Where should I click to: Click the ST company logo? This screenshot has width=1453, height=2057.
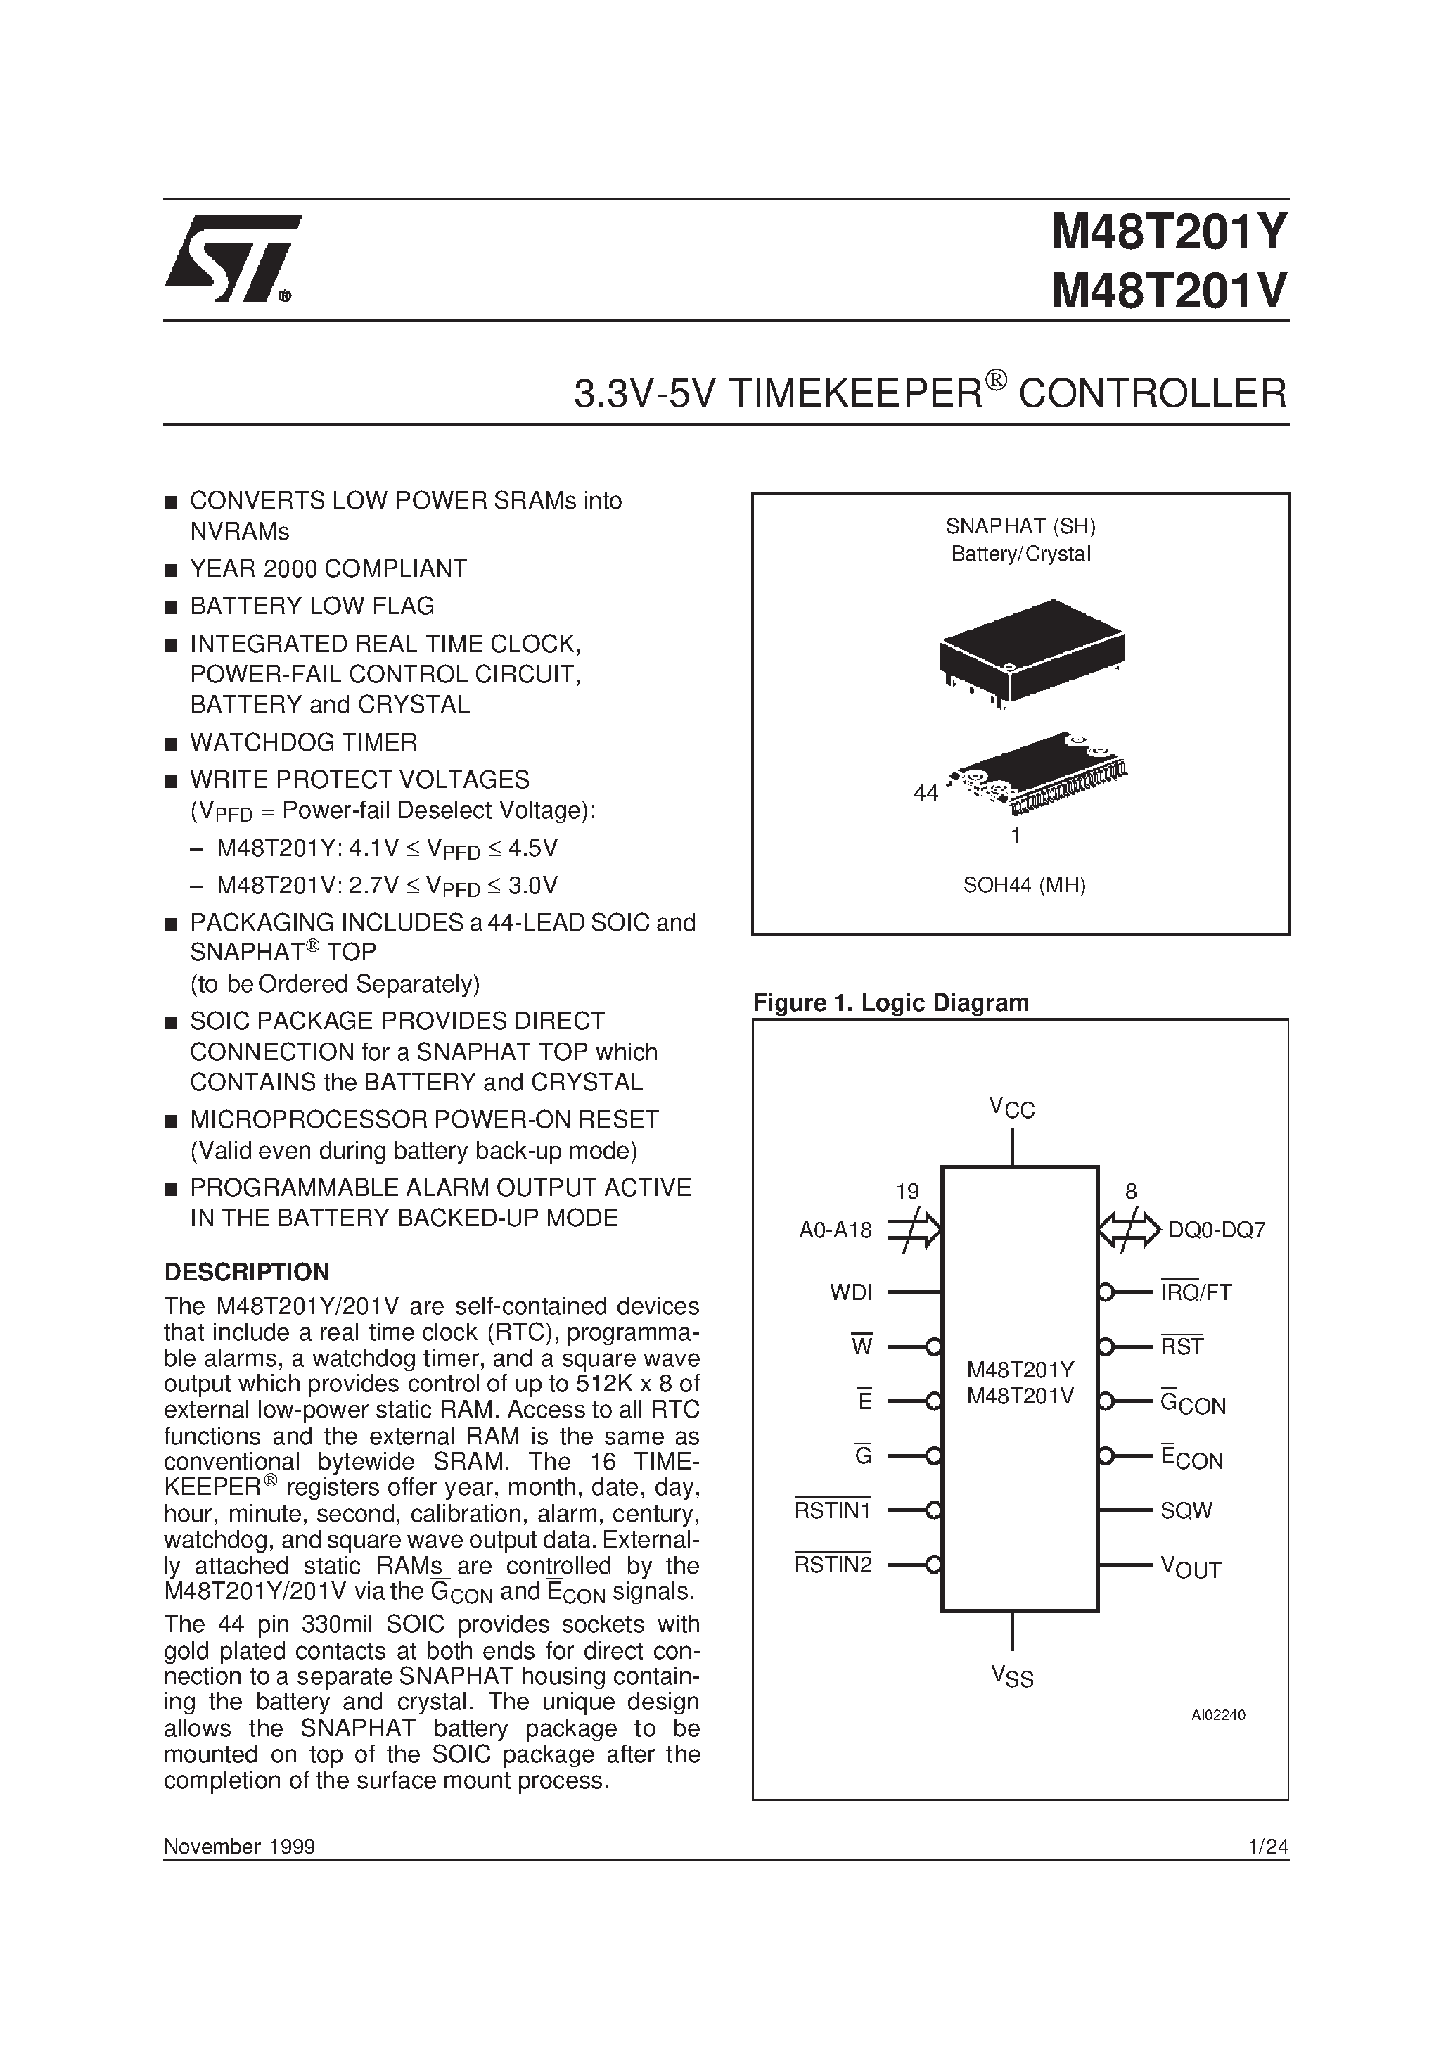pyautogui.click(x=231, y=260)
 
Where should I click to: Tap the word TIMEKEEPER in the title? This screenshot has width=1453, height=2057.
pyautogui.click(x=854, y=394)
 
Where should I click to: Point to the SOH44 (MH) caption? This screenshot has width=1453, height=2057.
pyautogui.click(x=1024, y=885)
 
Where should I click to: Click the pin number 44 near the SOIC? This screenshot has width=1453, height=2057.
pyautogui.click(x=926, y=793)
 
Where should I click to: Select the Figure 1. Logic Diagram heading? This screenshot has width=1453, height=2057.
pyautogui.click(x=890, y=1002)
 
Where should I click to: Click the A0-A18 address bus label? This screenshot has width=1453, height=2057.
pyautogui.click(x=835, y=1230)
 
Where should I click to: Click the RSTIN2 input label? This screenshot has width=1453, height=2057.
pyautogui.click(x=833, y=1565)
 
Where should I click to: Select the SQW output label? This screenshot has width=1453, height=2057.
pyautogui.click(x=1186, y=1510)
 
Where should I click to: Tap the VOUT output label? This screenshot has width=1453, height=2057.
pyautogui.click(x=1191, y=1567)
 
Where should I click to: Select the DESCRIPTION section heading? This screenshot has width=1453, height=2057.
pyautogui.click(x=246, y=1272)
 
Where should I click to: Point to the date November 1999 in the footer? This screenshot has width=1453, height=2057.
pyautogui.click(x=239, y=1847)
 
